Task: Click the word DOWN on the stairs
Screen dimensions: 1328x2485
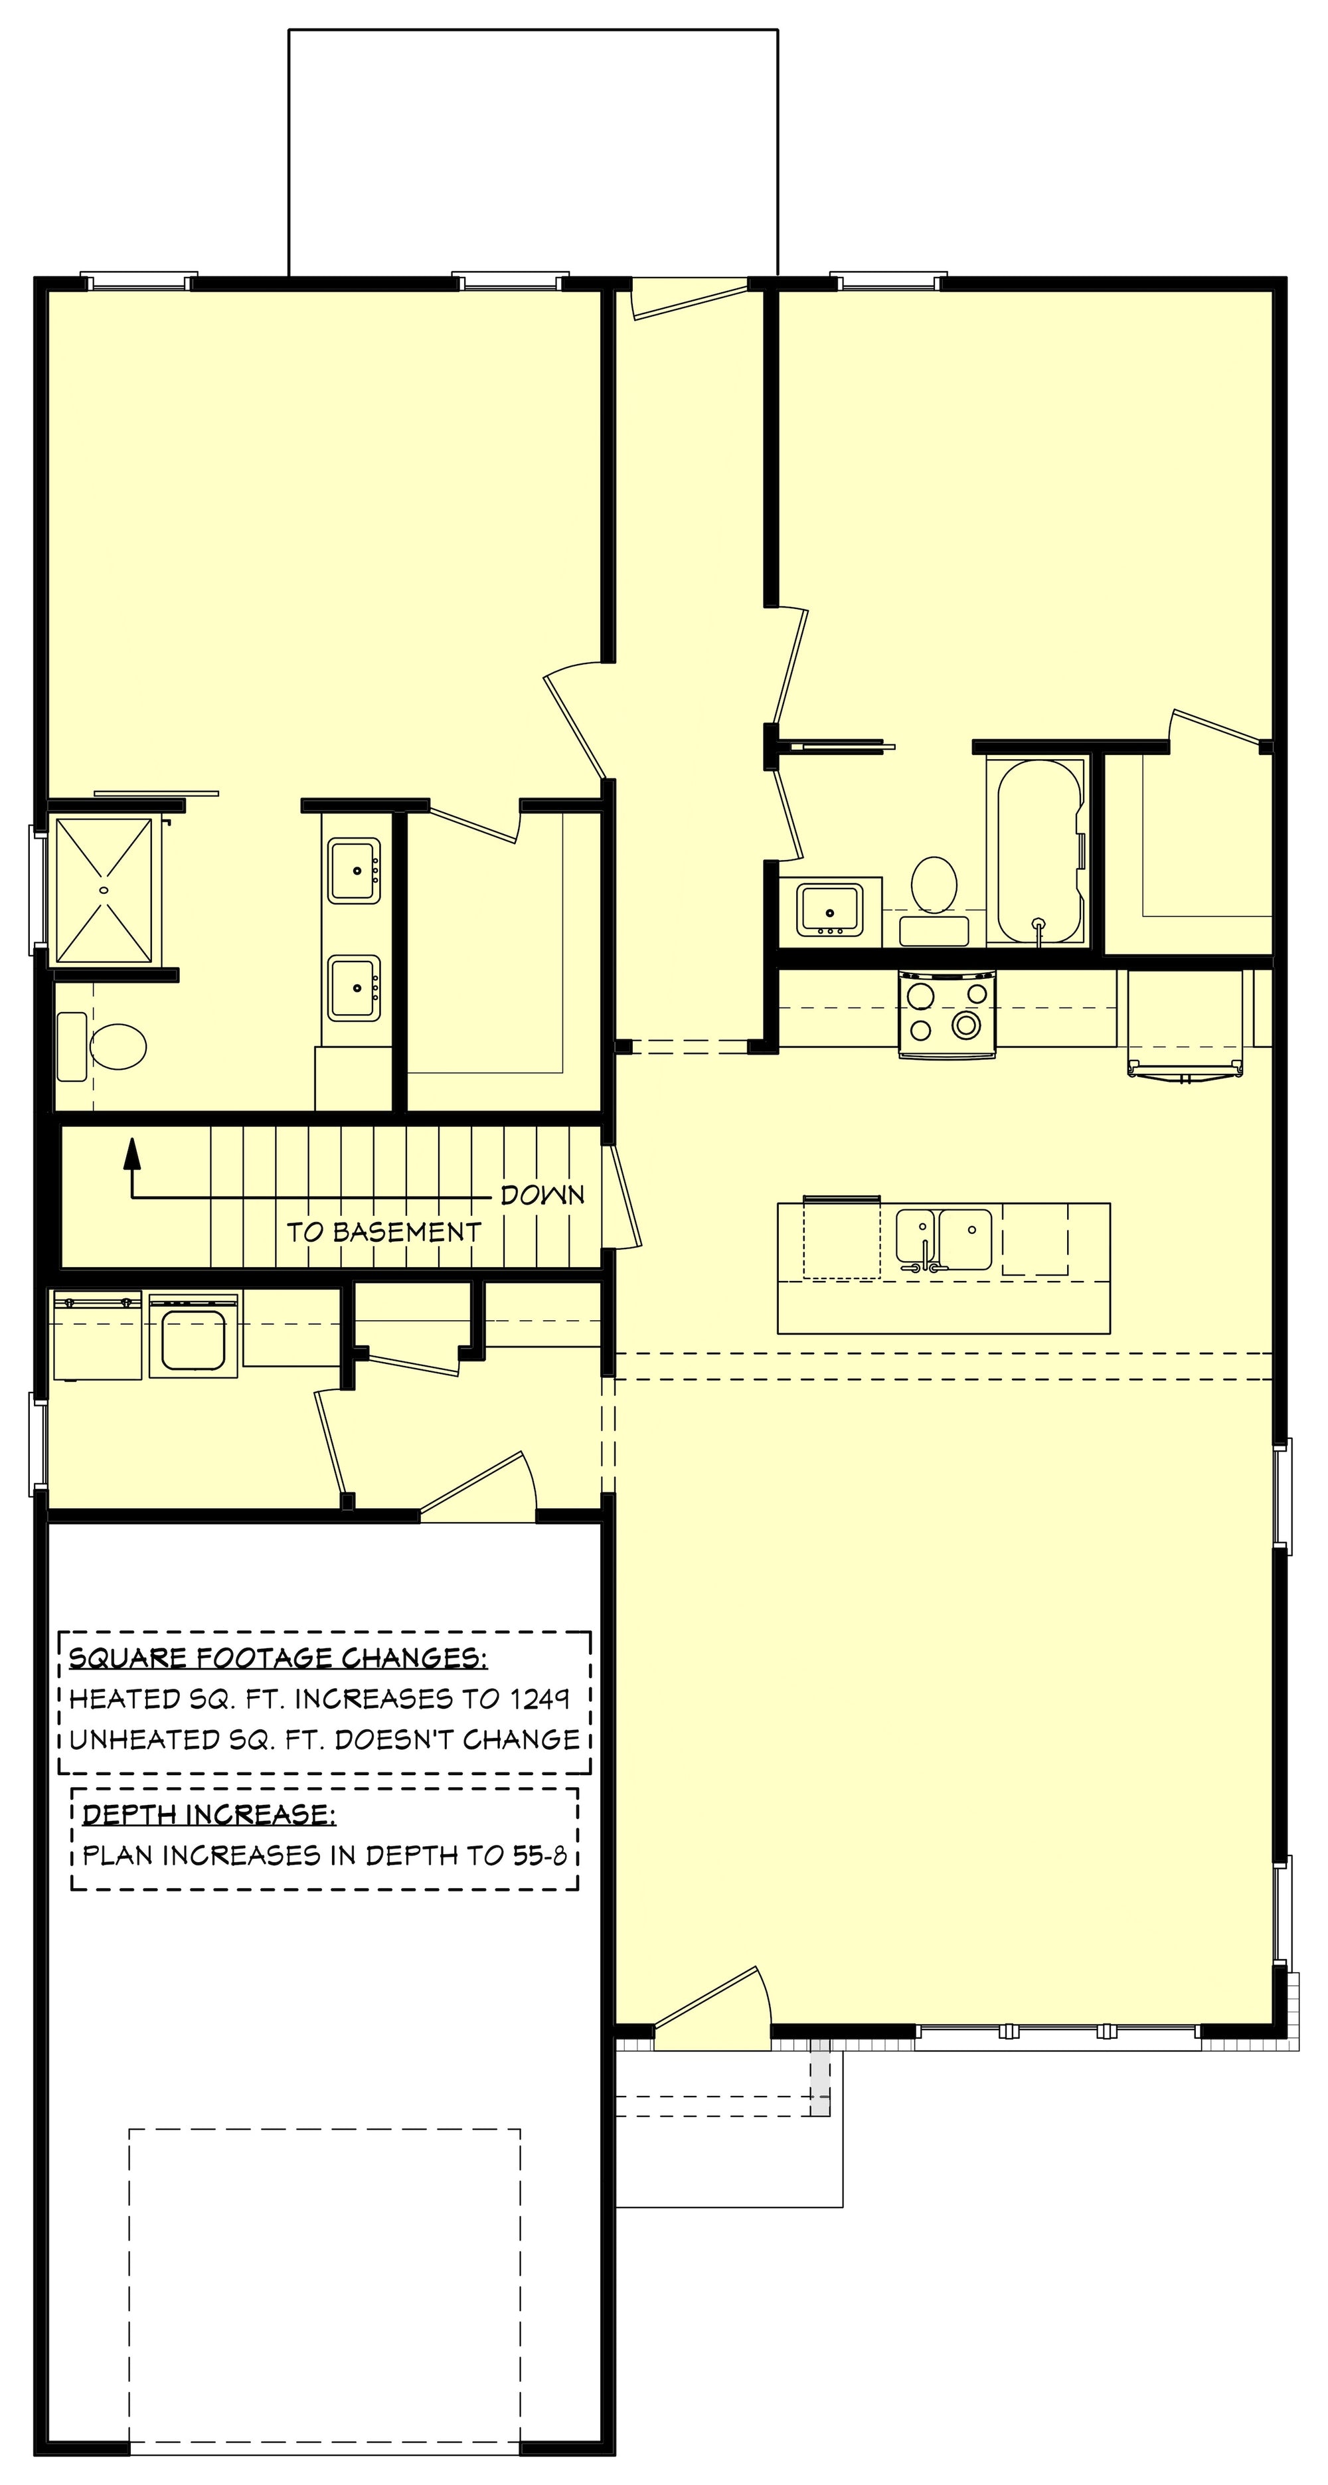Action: click(542, 1195)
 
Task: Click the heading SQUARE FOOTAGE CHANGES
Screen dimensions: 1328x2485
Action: click(278, 1658)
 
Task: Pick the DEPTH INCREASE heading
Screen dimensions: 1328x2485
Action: click(209, 1814)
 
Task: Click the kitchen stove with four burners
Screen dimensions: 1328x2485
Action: click(947, 1015)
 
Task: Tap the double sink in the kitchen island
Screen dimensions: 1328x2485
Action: click(943, 1240)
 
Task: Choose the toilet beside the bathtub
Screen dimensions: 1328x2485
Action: click(934, 899)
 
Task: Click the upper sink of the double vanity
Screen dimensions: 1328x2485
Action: click(354, 870)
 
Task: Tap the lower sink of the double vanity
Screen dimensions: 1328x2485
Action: click(354, 988)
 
